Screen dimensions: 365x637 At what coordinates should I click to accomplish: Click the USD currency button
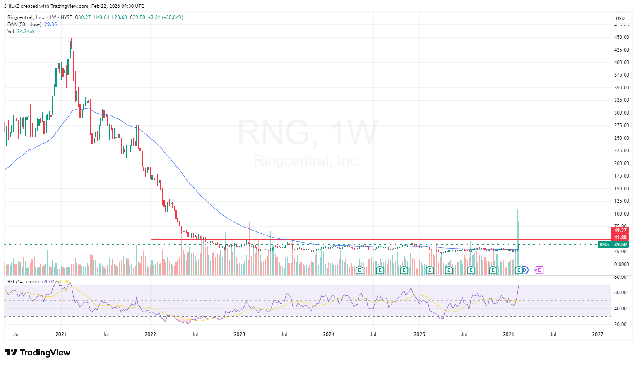point(620,18)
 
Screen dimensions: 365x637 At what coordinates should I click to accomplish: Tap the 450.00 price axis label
point(621,37)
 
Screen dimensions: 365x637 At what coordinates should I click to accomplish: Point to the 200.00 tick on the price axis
point(621,163)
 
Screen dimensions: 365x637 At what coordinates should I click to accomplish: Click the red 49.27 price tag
point(620,231)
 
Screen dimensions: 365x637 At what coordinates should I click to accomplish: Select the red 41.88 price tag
point(620,238)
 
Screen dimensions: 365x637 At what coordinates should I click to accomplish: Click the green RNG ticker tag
point(604,245)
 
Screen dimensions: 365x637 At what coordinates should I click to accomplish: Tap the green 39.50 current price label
point(620,245)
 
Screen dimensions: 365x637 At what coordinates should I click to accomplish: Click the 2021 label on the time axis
point(61,334)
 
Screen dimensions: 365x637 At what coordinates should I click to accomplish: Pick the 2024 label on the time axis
point(329,334)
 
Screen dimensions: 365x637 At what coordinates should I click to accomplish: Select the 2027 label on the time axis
point(598,334)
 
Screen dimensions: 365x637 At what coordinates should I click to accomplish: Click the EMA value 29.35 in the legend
point(50,24)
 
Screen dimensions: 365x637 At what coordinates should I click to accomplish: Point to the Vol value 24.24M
point(25,31)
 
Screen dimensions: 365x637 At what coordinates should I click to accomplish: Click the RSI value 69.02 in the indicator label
point(48,282)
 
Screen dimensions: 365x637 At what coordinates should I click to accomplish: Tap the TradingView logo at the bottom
point(38,353)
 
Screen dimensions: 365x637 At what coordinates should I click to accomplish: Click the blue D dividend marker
point(524,270)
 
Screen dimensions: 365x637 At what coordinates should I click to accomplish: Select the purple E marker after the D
point(539,270)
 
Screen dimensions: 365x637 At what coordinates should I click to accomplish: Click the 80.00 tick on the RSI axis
point(620,277)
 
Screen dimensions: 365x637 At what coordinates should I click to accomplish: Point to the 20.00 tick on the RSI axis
point(620,324)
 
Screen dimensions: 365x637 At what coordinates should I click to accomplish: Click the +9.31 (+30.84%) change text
point(166,17)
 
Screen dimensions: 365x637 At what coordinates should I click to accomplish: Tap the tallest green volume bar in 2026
point(517,240)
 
